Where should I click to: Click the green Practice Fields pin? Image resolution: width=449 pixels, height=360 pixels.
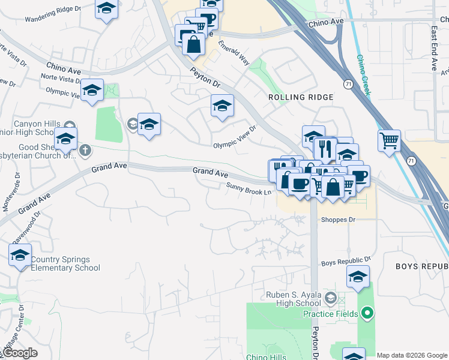pos(368,313)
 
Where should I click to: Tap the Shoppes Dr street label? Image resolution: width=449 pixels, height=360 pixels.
pos(338,220)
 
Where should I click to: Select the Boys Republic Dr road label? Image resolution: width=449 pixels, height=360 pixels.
pos(346,262)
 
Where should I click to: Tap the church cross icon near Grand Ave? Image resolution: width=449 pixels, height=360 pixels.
pos(85,149)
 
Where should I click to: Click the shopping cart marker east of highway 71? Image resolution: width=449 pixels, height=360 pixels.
pos(390,142)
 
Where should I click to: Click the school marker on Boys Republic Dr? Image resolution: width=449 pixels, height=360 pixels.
pos(358,277)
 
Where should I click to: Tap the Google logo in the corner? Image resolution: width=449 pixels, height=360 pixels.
pos(19,353)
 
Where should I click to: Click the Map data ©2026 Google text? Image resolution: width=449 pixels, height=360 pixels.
pos(412,355)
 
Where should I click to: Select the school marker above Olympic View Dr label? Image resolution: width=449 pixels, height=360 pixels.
pos(222,106)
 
